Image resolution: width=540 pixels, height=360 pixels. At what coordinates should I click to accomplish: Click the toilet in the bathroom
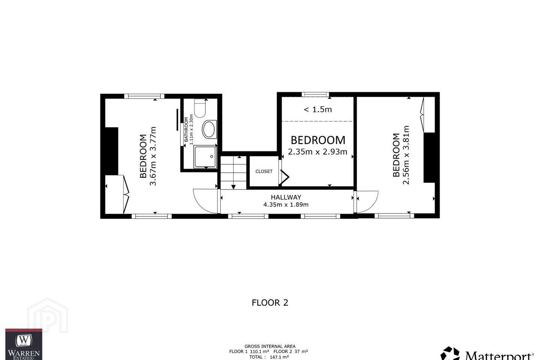(200, 108)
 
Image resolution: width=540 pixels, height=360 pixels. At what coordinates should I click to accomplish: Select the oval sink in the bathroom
(209, 129)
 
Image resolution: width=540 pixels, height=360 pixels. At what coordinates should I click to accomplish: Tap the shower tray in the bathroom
(205, 157)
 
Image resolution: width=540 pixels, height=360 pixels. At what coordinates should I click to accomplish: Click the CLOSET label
(264, 171)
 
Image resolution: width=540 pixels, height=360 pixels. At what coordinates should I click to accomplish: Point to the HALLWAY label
(286, 197)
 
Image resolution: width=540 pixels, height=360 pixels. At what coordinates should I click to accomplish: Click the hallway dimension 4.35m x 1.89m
(286, 205)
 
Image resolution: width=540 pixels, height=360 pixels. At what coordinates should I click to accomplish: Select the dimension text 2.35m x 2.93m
(318, 151)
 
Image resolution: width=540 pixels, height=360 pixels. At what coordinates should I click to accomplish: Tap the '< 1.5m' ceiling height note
(318, 109)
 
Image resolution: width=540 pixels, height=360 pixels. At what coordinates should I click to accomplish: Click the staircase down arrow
(233, 187)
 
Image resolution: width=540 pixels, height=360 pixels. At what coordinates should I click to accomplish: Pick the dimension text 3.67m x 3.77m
(153, 156)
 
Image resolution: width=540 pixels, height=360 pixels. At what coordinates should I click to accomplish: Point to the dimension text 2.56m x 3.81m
(406, 155)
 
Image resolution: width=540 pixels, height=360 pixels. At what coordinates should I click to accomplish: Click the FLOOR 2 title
(270, 303)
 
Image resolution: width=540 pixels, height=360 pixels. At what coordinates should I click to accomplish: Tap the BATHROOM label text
(186, 129)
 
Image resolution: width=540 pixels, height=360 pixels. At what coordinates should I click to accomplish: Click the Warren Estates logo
(24, 344)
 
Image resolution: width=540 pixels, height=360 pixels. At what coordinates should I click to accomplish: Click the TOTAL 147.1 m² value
(269, 357)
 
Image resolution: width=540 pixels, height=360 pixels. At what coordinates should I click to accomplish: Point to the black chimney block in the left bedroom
(112, 151)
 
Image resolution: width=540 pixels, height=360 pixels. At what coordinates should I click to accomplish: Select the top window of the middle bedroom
(315, 94)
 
